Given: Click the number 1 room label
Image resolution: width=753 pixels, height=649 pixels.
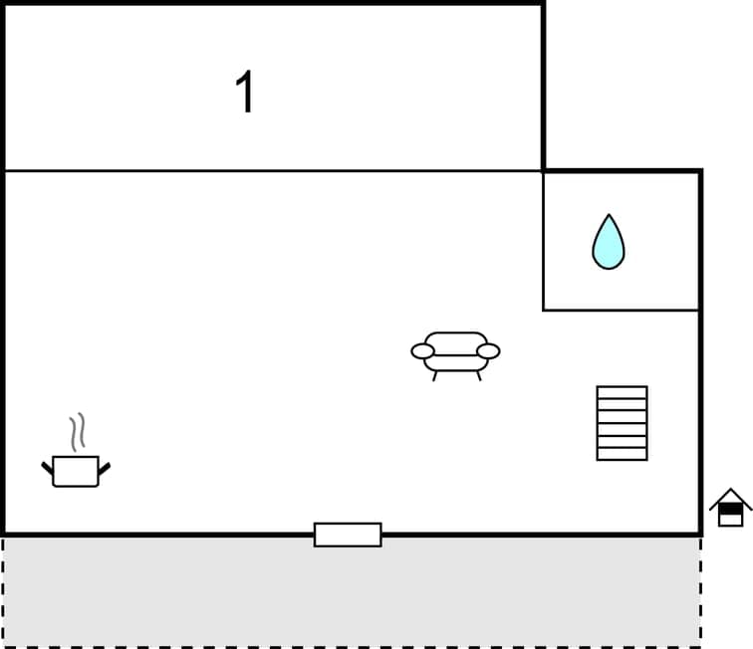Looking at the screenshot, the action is pos(245,94).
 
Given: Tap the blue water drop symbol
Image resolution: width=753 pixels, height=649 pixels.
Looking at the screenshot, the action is pos(608,244).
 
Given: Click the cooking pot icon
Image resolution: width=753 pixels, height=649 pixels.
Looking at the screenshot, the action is pos(76,470).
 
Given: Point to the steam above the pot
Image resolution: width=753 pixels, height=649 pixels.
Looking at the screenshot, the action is pos(77,433).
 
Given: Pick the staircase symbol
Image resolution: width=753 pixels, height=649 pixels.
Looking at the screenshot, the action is pos(622,423).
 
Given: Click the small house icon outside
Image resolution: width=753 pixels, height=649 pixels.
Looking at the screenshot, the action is pos(730,508).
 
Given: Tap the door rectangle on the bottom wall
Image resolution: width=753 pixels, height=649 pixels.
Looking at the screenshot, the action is pos(348,535).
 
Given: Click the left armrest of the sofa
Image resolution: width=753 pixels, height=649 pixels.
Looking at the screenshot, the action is pos(423,350).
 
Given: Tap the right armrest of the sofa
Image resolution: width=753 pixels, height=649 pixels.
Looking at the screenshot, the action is pos(488,350).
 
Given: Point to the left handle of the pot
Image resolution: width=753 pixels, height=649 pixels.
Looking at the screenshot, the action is pos(47,466).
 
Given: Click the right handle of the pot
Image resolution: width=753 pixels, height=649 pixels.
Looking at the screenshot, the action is pos(105,466).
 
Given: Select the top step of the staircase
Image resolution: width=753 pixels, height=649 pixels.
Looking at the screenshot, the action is pos(622,392).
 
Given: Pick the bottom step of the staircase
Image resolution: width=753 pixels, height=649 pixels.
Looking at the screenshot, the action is pos(622,454).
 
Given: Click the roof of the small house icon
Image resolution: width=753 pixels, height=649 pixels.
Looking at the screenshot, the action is pos(730,497).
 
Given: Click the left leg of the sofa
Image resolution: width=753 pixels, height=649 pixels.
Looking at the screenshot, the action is pos(434,375).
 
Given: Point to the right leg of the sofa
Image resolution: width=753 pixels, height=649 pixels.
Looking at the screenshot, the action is pos(479,375).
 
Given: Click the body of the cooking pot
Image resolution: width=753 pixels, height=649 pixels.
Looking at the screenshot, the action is pos(76,472).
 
